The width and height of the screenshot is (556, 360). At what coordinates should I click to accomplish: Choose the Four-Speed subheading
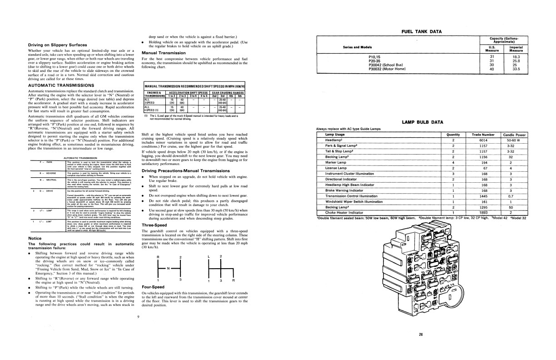(153, 287)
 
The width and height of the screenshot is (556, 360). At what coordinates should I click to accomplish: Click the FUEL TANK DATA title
(422, 31)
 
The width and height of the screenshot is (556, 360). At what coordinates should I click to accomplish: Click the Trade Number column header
(483, 135)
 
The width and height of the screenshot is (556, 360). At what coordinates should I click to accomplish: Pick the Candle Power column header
(514, 135)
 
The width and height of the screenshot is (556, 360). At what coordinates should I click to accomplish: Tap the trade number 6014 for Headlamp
(483, 140)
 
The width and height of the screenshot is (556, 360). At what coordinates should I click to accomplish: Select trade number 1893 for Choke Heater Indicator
(483, 212)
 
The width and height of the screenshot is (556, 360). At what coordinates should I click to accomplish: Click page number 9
(138, 316)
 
